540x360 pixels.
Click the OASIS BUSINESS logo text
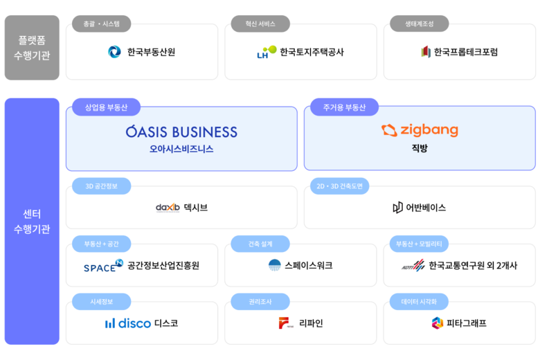(x=181, y=132)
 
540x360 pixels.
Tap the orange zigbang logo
(x=420, y=130)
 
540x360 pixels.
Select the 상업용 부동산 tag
(x=107, y=107)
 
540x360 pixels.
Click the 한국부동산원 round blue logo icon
(x=115, y=52)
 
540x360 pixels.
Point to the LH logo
(x=266, y=52)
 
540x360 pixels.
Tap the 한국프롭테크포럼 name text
(x=465, y=52)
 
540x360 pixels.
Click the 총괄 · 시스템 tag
(x=102, y=24)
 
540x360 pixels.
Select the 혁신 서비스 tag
(x=260, y=24)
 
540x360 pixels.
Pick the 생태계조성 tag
(x=420, y=24)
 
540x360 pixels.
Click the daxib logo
(x=168, y=207)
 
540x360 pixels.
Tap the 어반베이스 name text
(x=426, y=207)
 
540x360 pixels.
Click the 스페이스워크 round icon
(x=275, y=265)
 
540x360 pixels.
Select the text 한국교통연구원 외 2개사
(x=472, y=265)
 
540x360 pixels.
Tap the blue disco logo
(x=127, y=323)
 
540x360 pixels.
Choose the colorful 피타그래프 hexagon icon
(x=437, y=323)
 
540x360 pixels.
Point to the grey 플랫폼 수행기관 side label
(x=32, y=48)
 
